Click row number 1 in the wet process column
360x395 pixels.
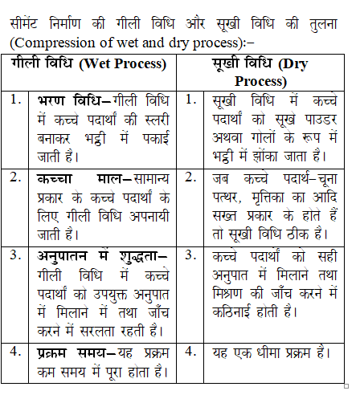16,101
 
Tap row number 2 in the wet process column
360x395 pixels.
16,177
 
